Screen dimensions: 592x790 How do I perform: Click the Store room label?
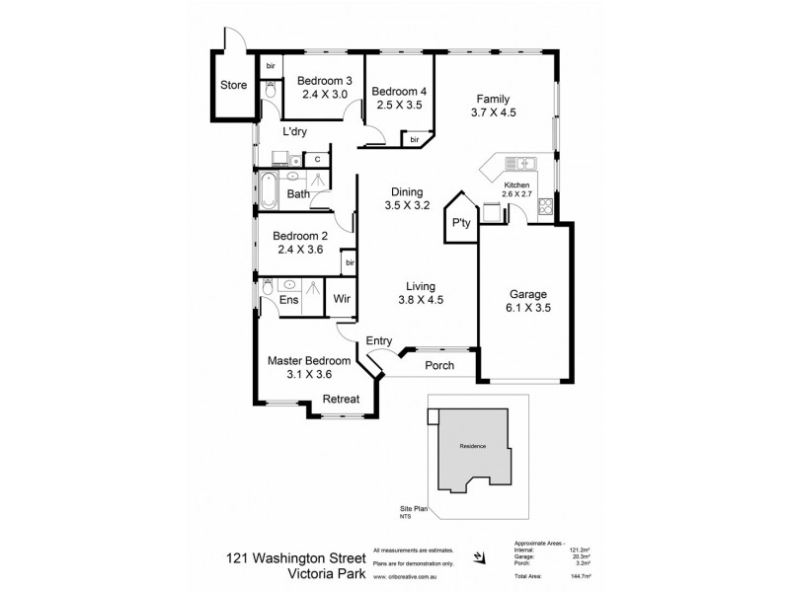(x=233, y=86)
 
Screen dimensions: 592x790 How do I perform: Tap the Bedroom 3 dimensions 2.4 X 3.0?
(x=325, y=95)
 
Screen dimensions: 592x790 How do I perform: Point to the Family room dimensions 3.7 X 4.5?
(x=494, y=112)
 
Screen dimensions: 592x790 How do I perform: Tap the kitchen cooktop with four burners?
(x=546, y=209)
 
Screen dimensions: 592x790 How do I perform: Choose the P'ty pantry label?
(x=459, y=223)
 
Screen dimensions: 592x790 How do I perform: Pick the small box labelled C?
(x=318, y=159)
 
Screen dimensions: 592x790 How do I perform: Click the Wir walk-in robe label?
(x=342, y=299)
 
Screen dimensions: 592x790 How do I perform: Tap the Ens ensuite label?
(x=289, y=299)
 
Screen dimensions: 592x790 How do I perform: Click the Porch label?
(x=439, y=365)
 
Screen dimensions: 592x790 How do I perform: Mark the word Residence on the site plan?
(x=473, y=447)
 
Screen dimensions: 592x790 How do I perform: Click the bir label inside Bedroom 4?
(x=415, y=140)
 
